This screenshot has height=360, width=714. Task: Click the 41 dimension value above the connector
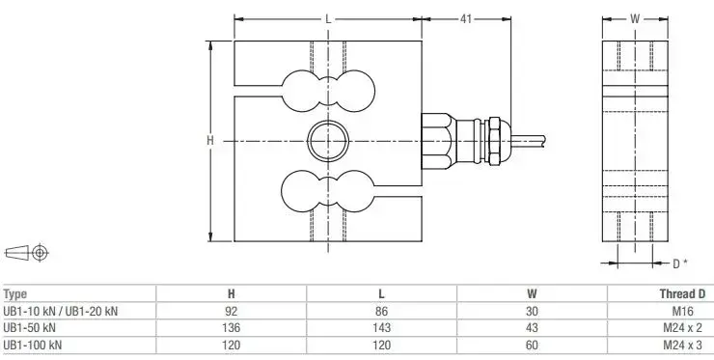465,19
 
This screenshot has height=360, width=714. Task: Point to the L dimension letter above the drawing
328,19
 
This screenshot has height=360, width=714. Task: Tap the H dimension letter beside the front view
210,141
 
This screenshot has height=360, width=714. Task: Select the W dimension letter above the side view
635,18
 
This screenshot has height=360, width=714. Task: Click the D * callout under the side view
680,263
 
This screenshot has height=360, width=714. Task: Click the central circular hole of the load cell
328,141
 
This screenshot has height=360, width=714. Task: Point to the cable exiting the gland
528,140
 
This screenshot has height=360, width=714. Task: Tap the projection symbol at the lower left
26,253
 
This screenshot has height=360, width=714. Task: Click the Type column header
15,294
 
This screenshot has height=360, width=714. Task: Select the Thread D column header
682,294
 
